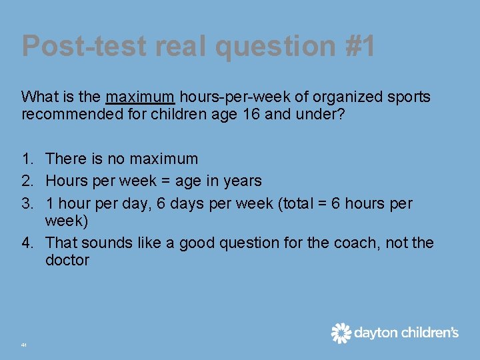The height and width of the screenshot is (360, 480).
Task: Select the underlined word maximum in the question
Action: pyautogui.click(x=140, y=97)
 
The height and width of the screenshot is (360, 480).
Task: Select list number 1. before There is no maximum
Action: pyautogui.click(x=27, y=159)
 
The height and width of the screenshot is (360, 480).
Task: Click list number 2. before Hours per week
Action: pyautogui.click(x=27, y=181)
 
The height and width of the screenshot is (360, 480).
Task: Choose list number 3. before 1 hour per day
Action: pyautogui.click(x=27, y=203)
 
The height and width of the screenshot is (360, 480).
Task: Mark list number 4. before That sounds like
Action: pyautogui.click(x=27, y=243)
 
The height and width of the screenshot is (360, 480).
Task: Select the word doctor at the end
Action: pyautogui.click(x=67, y=260)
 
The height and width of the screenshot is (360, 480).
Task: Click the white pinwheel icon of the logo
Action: pyautogui.click(x=341, y=333)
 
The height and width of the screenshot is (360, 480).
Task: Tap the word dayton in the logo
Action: pyautogui.click(x=375, y=333)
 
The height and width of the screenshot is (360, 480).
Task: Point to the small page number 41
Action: pyautogui.click(x=24, y=345)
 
